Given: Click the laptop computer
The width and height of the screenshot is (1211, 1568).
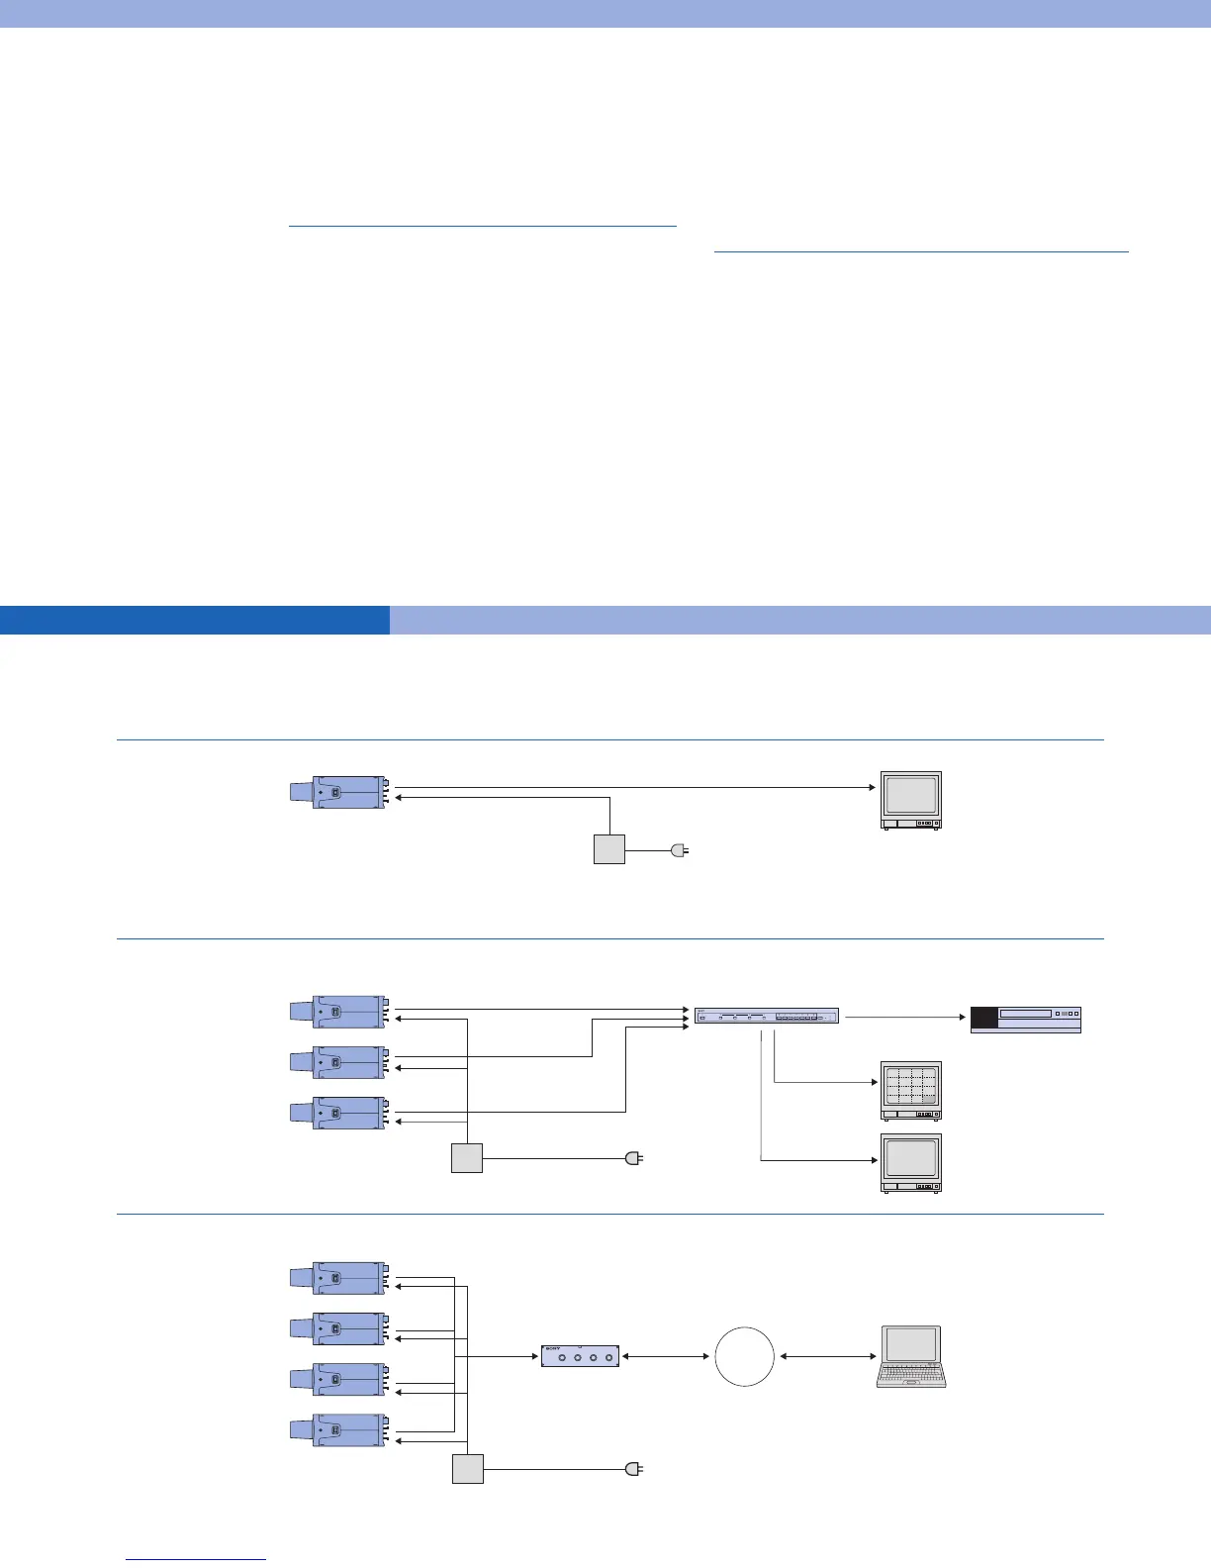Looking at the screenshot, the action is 911,1356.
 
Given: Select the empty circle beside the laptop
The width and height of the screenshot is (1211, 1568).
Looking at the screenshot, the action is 744,1356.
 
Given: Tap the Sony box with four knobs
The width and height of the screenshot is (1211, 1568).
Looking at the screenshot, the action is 581,1356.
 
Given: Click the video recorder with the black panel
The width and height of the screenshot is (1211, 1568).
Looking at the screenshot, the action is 1025,1019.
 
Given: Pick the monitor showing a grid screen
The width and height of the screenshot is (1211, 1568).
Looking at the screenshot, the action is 911,1090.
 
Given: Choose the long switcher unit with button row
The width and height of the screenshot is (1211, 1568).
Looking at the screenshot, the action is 766,1016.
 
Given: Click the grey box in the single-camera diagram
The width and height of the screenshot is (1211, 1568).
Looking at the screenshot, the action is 609,849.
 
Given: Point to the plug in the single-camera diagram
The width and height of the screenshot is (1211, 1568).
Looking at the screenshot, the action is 679,849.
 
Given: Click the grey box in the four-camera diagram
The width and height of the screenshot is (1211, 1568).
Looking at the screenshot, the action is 468,1469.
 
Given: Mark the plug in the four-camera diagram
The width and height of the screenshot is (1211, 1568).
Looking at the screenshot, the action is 634,1469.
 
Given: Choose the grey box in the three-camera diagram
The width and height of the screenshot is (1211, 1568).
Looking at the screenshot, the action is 467,1157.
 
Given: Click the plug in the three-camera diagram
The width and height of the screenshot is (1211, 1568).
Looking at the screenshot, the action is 634,1157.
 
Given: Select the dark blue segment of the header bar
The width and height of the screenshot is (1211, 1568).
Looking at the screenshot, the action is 194,620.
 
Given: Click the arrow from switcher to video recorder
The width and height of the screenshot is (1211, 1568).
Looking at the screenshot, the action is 903,1017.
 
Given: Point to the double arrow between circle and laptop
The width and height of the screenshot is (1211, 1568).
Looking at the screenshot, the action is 826,1356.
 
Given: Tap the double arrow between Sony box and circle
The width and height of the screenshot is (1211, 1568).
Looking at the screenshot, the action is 666,1356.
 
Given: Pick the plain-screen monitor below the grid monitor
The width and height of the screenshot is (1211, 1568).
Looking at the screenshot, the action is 911,1162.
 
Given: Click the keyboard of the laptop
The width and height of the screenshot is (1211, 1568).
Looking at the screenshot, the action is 911,1374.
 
